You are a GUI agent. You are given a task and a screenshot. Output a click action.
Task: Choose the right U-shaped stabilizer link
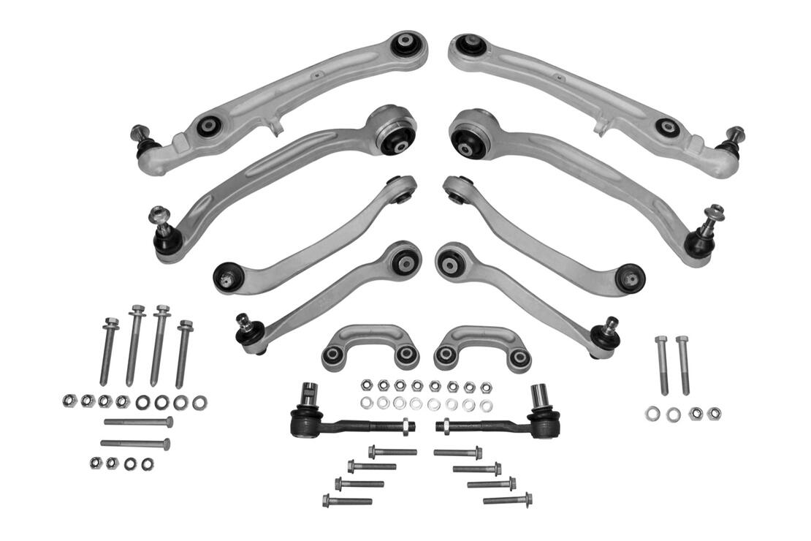483,347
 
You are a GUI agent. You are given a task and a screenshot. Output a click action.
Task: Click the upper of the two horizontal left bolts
138,422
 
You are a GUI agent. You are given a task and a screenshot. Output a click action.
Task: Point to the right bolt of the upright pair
683,365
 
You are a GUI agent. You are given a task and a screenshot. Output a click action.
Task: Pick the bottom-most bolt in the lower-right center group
507,500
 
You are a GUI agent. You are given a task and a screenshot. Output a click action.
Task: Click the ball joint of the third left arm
227,277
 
